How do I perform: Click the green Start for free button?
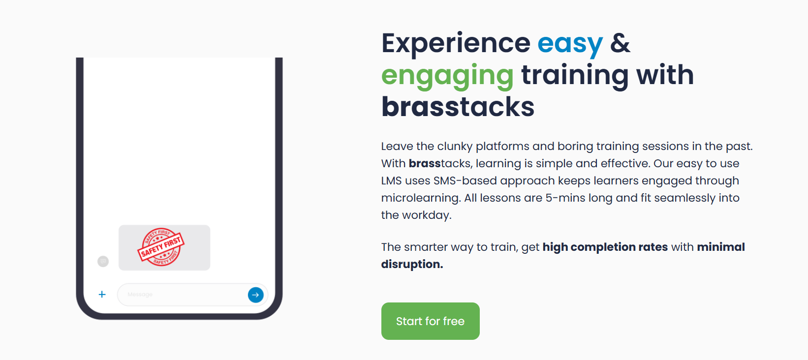coord(431,321)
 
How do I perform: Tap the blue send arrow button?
coord(255,295)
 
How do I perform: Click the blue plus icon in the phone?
coord(102,295)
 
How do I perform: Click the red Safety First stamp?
coord(161,247)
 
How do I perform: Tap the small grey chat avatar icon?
coord(103,261)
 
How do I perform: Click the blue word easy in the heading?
coord(570,44)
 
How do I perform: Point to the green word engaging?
coord(447,76)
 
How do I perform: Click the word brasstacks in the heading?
coord(458,107)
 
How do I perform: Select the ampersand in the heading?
coord(620,43)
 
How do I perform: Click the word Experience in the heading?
coord(456,44)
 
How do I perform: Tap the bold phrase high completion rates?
coord(605,247)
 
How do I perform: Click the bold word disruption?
coord(412,264)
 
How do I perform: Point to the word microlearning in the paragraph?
coord(421,198)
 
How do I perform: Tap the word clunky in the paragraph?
coord(455,146)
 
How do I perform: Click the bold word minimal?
coord(721,247)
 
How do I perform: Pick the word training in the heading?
coord(575,76)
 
